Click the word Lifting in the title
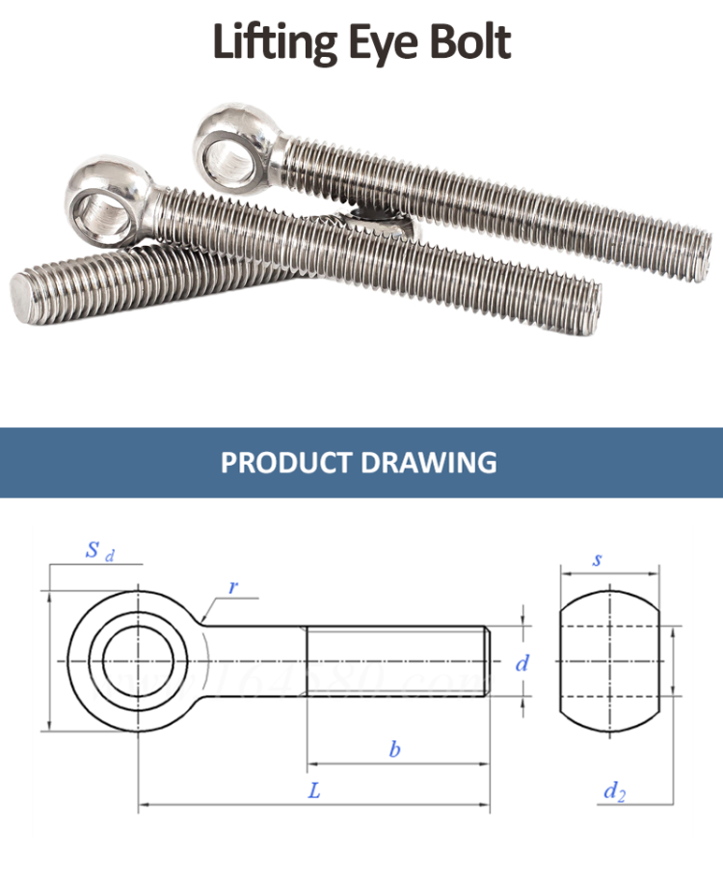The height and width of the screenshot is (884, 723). [272, 43]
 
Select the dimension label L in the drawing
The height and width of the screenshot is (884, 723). [314, 790]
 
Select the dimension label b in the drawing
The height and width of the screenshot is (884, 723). [394, 749]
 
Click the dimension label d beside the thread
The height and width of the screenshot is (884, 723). [522, 662]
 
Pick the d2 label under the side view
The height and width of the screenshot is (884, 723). [615, 792]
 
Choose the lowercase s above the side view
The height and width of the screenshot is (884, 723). [598, 559]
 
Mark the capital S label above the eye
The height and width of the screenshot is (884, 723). [93, 550]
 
